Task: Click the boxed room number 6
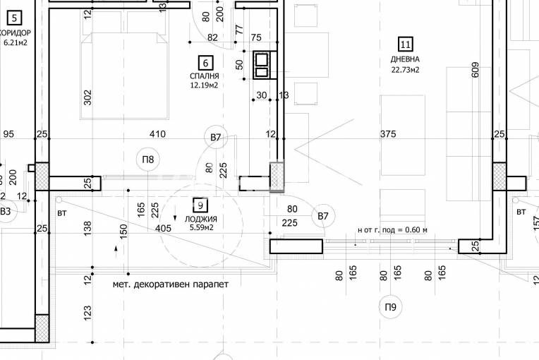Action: point(205,62)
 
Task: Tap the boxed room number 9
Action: point(200,205)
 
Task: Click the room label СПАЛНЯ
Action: point(204,76)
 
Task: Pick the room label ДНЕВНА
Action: point(405,59)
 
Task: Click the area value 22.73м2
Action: point(406,70)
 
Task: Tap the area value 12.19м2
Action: point(203,85)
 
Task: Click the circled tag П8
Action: point(147,160)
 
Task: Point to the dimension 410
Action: point(157,134)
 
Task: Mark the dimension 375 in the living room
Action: point(387,134)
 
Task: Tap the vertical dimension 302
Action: point(88,97)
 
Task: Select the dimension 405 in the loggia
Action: point(163,229)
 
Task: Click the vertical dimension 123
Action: point(88,312)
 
